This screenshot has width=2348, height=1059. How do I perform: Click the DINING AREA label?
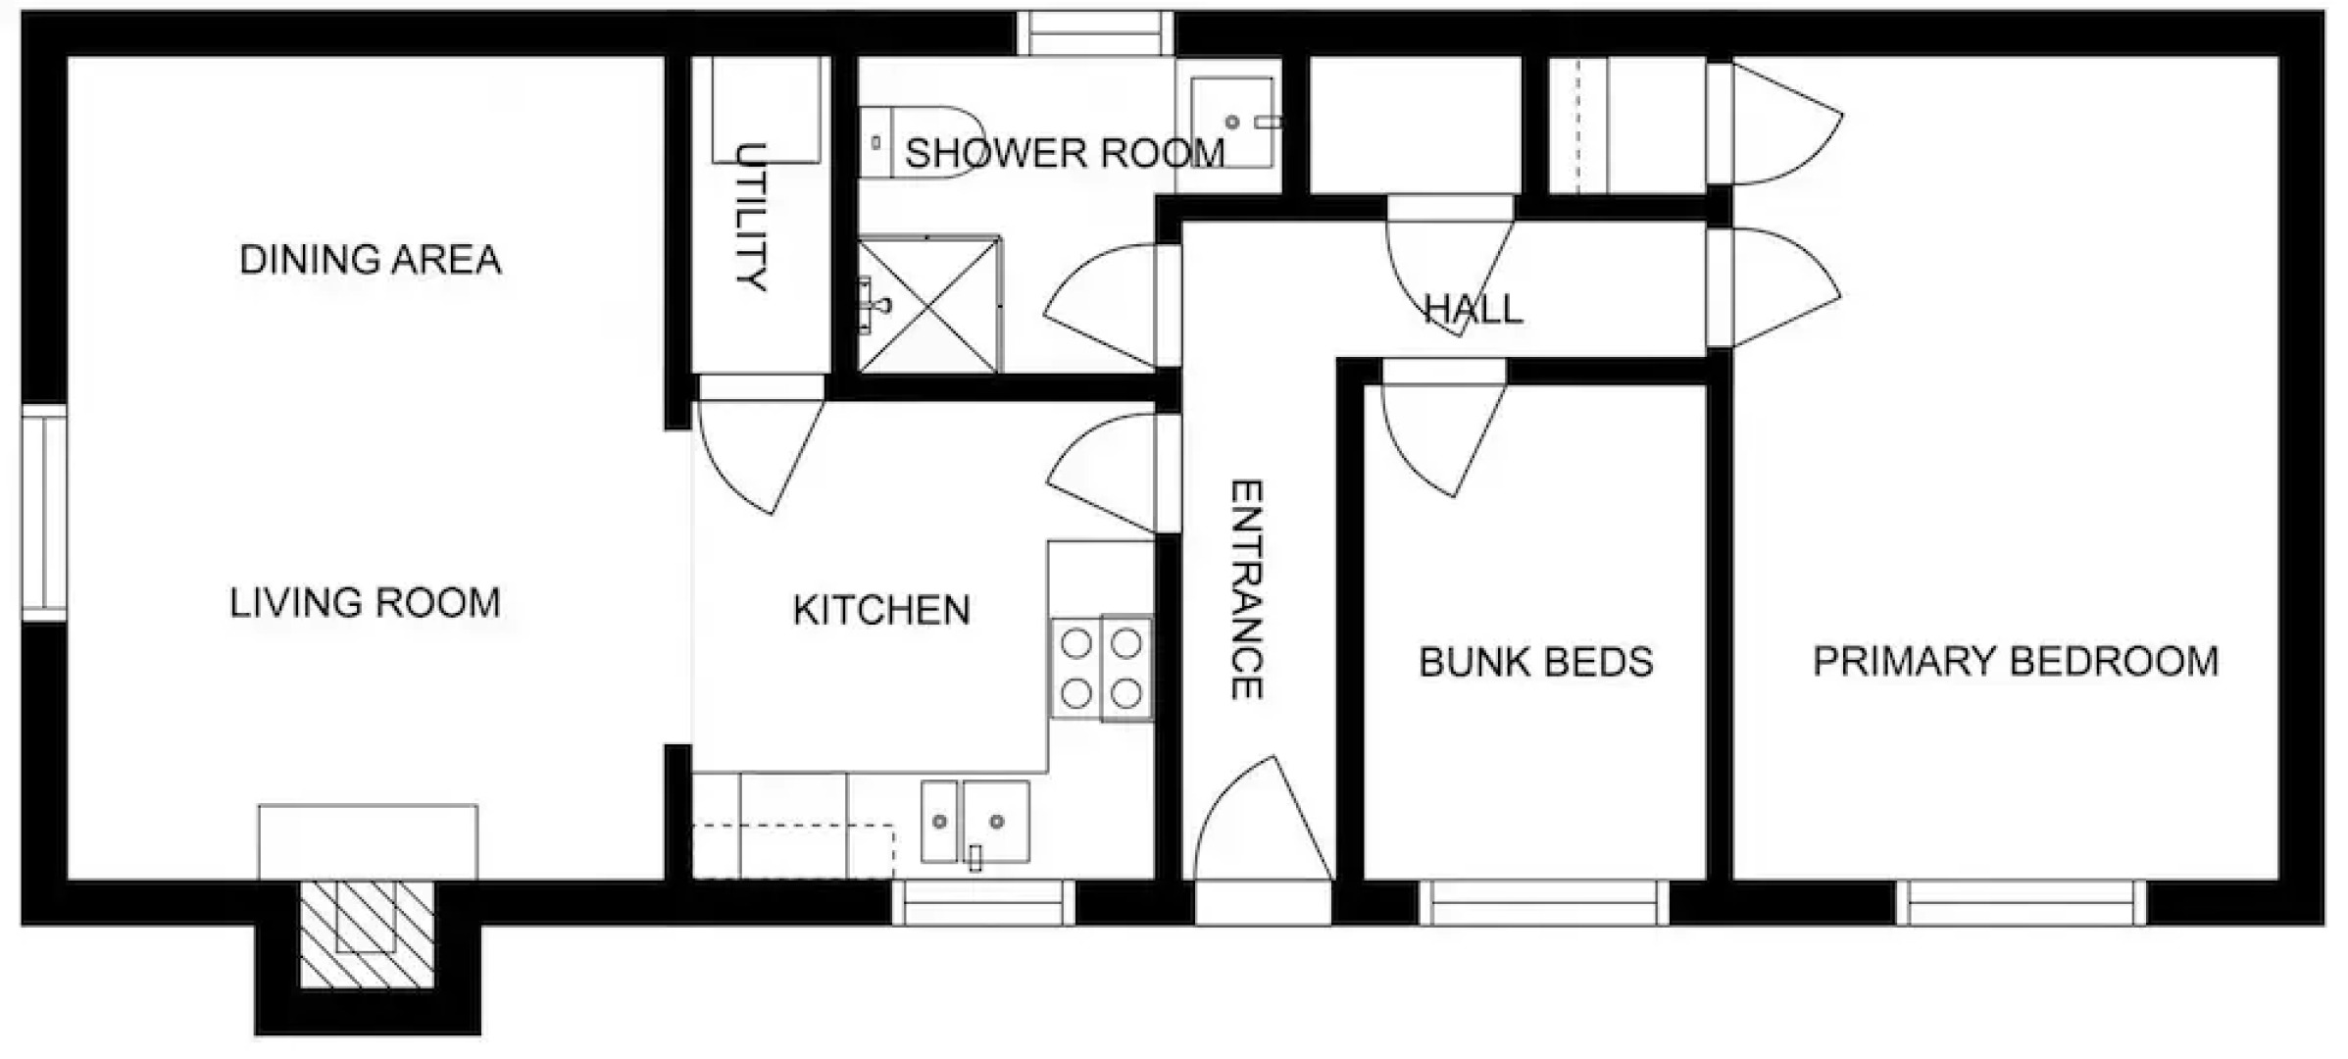371,260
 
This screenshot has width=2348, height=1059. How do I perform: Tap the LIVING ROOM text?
365,602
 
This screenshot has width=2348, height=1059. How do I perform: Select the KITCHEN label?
881,610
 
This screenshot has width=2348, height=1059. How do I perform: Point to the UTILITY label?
751,217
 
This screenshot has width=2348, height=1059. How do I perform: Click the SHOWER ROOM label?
1065,153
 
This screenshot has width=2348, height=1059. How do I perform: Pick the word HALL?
1473,310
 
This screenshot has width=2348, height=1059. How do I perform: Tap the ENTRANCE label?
1246,589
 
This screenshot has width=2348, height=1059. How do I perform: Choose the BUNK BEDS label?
1536,662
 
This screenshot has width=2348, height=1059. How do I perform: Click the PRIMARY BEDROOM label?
2016,661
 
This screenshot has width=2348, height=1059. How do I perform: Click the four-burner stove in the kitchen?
1102,668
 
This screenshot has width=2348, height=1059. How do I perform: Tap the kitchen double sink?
975,821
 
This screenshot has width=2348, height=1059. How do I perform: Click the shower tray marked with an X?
929,305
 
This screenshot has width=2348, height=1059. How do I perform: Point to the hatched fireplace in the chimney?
367,933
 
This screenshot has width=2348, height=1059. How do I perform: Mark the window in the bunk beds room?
1543,902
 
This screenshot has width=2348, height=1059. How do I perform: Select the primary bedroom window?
2021,902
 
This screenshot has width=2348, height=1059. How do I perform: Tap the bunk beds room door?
1444,431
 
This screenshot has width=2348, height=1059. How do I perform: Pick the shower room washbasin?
1232,123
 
